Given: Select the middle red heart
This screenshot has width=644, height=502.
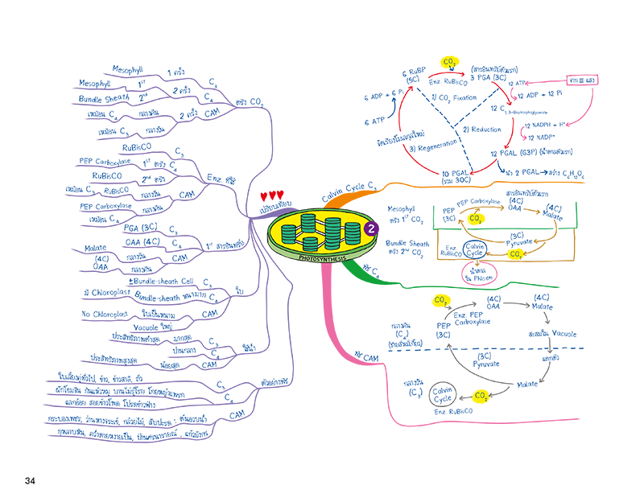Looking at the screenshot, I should [273, 195].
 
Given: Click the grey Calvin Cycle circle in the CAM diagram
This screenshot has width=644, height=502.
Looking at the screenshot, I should [444, 397].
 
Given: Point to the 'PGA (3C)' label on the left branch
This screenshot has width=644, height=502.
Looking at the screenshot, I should [141, 228].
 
